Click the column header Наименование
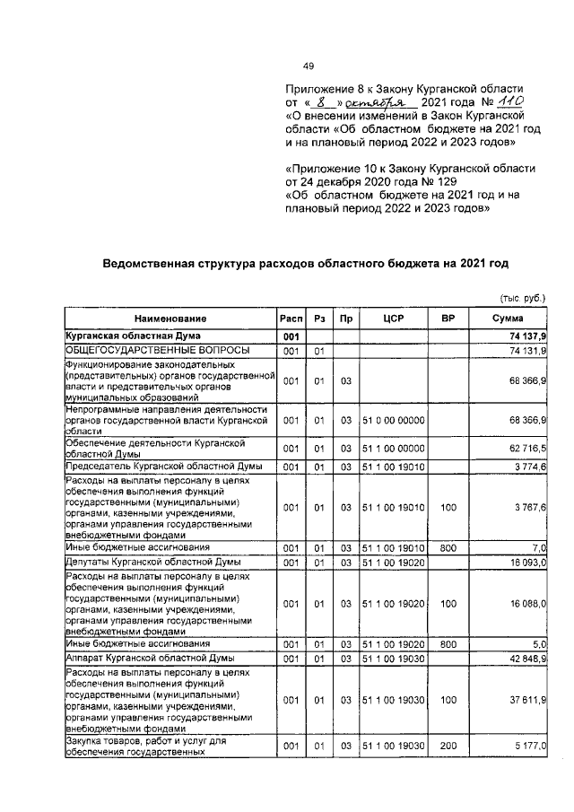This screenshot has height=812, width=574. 170,319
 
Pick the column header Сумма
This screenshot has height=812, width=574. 509,319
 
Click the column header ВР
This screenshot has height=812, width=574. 448,319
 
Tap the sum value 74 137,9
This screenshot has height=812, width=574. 527,335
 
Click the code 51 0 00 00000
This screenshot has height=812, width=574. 396,419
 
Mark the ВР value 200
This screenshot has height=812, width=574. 448,745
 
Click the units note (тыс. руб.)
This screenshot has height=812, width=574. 522,297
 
